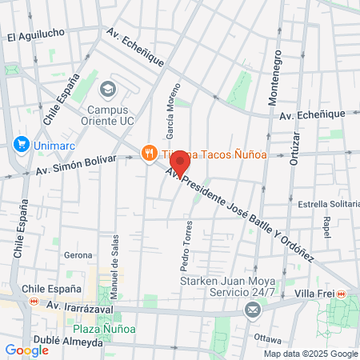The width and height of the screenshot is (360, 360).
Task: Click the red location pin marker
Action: pyautogui.click(x=180, y=162)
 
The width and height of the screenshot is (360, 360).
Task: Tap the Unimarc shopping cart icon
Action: pyautogui.click(x=21, y=145)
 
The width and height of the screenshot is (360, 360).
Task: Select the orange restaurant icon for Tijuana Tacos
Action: pyautogui.click(x=148, y=153)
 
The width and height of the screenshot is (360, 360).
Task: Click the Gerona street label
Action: pyautogui.click(x=78, y=255)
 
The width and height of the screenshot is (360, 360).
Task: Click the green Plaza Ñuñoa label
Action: pyautogui.click(x=104, y=329)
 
